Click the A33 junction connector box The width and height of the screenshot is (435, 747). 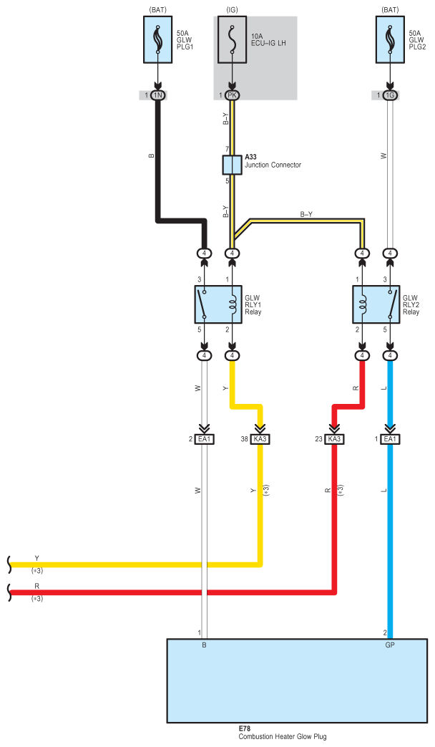click(x=232, y=165)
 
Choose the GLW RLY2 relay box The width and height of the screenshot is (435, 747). click(x=376, y=304)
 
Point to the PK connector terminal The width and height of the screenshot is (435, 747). click(x=232, y=95)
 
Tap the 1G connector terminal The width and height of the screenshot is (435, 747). click(x=390, y=95)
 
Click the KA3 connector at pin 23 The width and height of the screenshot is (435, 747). click(x=334, y=439)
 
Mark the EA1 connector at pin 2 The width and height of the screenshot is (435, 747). click(x=205, y=439)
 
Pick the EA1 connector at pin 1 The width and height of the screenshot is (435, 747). click(x=390, y=439)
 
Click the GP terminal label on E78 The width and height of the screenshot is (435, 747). click(x=390, y=645)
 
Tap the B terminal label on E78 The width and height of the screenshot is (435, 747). click(x=204, y=645)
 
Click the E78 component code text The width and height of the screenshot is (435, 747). click(x=245, y=729)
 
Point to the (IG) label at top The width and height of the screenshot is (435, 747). click(x=232, y=9)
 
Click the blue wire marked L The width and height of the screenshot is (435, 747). click(x=390, y=537)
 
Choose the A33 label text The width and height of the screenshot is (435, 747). click(x=251, y=157)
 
